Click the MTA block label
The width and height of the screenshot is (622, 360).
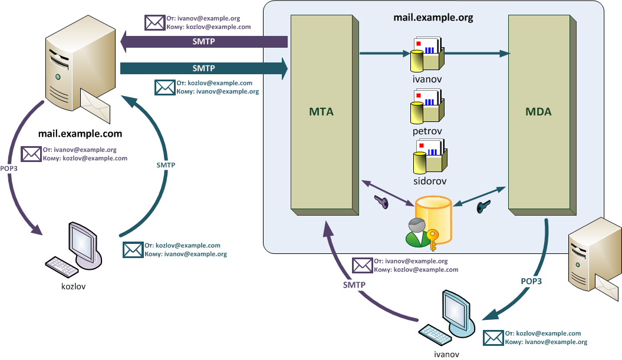[x=321, y=111]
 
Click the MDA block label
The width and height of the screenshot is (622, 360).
[x=538, y=111]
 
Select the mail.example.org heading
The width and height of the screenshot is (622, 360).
[x=433, y=17]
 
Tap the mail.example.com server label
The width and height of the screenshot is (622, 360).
[x=80, y=134]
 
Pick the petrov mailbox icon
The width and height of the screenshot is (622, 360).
[x=427, y=106]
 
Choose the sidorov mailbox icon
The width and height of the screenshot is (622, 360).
[x=427, y=156]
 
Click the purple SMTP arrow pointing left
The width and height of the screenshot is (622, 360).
[x=203, y=42]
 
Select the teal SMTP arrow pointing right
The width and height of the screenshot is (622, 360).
[x=203, y=68]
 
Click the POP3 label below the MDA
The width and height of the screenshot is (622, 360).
[x=531, y=282]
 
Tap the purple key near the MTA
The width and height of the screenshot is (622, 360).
[x=381, y=202]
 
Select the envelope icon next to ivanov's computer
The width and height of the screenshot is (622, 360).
[x=493, y=338]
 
